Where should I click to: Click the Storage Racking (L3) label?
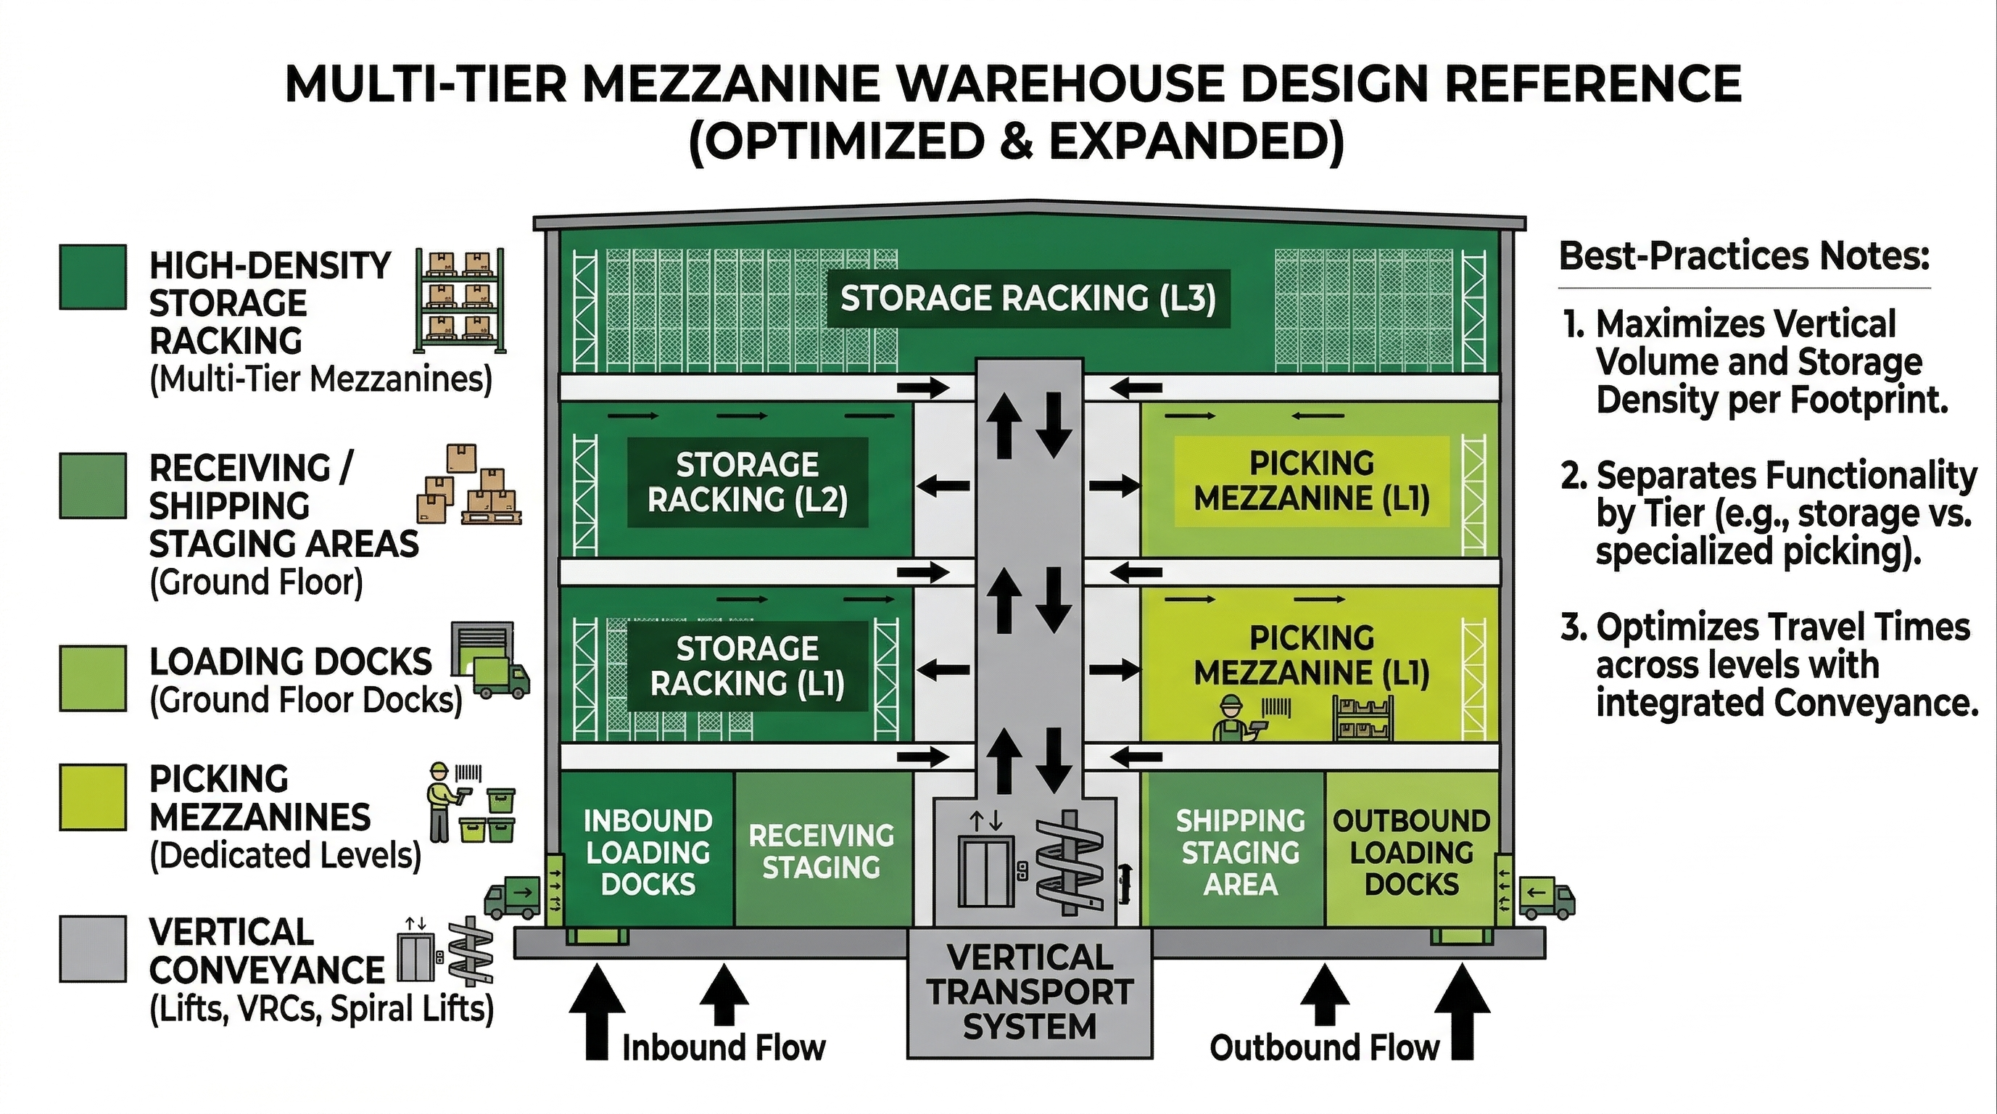pos(1028,299)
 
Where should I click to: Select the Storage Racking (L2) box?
pos(748,482)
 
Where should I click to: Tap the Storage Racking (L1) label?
pos(748,666)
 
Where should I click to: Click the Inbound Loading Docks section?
pos(648,851)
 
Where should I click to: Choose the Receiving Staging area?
pos(822,851)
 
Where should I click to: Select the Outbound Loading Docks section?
pos(1411,851)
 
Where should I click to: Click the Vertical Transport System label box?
pos(1030,993)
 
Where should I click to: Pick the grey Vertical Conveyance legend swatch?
pos(93,949)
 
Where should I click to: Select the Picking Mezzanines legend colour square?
pos(93,798)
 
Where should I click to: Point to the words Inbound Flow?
pos(723,1048)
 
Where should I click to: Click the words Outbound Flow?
pos(1324,1048)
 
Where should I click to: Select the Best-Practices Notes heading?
pos(1743,256)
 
